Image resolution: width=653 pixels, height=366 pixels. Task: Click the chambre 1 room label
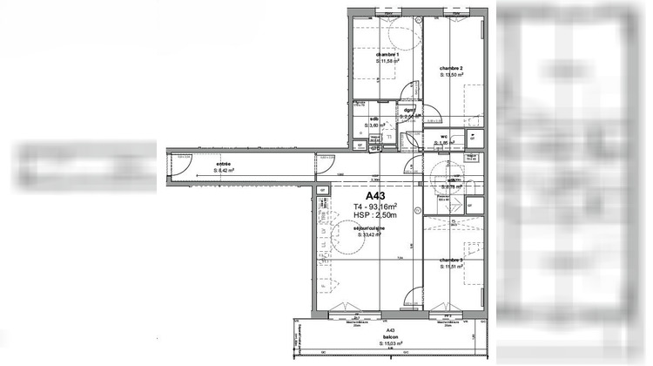click(387, 54)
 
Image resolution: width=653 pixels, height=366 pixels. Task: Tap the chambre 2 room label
click(450, 68)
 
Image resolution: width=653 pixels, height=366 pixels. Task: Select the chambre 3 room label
click(450, 261)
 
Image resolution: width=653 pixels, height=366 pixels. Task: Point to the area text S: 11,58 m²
click(387, 61)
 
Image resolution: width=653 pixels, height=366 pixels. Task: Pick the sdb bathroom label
click(374, 119)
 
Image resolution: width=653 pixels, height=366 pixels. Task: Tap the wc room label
click(443, 136)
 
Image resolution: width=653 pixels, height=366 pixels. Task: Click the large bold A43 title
click(375, 195)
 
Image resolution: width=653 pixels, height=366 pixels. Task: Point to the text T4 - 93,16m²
click(375, 206)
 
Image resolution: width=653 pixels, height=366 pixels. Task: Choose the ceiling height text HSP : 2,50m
click(375, 215)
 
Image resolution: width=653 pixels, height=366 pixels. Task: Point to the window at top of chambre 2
click(454, 12)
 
